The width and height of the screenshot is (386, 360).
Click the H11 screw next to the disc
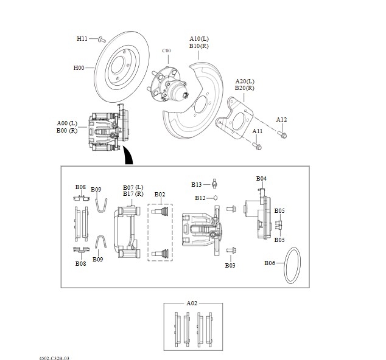point(102,40)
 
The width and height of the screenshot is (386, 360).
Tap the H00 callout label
point(79,67)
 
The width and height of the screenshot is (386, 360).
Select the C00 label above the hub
point(166,50)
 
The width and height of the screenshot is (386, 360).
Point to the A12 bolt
point(282,134)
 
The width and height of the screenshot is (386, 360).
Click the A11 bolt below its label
point(257,146)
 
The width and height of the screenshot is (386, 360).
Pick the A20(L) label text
point(245,81)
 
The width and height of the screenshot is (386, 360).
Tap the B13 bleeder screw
point(214,184)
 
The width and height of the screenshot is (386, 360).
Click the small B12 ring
point(215,198)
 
